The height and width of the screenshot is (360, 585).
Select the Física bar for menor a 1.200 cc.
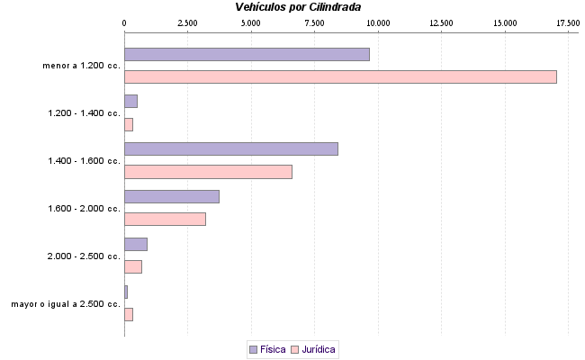247,54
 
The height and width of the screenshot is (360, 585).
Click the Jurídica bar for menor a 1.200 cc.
340,76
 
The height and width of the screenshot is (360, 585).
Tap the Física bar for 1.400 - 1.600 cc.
230,148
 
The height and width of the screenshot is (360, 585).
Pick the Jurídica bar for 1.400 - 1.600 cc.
208,172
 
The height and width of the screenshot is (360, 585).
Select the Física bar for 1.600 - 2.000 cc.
171,196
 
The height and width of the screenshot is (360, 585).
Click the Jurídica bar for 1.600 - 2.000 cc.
165,219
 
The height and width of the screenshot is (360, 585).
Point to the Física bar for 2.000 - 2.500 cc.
135,244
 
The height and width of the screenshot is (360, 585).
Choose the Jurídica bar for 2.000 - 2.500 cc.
132,266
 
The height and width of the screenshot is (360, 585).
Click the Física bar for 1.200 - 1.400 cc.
130,101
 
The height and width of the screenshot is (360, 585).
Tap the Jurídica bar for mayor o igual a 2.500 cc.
128,314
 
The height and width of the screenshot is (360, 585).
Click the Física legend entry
267,348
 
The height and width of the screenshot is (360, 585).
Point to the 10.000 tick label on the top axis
378,22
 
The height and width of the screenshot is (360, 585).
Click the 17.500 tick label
568,22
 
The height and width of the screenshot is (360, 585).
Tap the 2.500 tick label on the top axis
187,22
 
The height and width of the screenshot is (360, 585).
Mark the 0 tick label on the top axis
124,22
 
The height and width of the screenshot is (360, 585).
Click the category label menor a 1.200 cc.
81,66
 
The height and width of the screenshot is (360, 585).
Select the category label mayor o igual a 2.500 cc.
66,304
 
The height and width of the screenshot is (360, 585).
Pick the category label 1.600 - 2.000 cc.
84,209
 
